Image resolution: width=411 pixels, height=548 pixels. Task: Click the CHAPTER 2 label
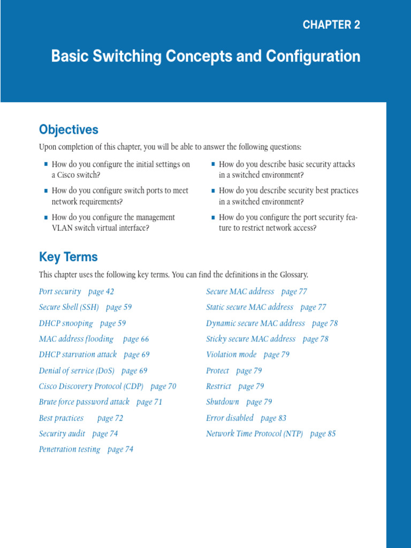click(x=331, y=25)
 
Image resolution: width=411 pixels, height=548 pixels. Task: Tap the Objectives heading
click(x=68, y=130)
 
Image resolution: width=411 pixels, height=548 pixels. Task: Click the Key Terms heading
click(x=68, y=257)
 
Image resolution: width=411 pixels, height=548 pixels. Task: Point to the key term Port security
click(x=60, y=292)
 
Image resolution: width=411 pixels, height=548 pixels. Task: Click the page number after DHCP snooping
click(x=113, y=323)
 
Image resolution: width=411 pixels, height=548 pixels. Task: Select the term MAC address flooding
click(x=76, y=339)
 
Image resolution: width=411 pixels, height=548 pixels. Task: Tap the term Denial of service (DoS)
click(x=77, y=370)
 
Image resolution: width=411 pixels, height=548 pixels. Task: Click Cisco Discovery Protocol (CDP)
click(x=91, y=386)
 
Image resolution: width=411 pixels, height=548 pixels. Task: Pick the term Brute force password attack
click(x=84, y=402)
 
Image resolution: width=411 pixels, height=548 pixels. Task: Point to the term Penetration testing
click(x=70, y=450)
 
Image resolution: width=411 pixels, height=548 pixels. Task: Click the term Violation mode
click(x=231, y=355)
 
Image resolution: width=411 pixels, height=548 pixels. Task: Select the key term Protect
click(x=217, y=370)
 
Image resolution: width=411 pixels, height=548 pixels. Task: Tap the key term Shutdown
click(x=222, y=402)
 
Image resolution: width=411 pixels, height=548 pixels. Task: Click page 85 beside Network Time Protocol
click(x=323, y=433)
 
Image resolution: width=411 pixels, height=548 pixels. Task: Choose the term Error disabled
click(x=230, y=418)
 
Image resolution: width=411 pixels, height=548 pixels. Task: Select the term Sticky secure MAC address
click(x=250, y=339)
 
